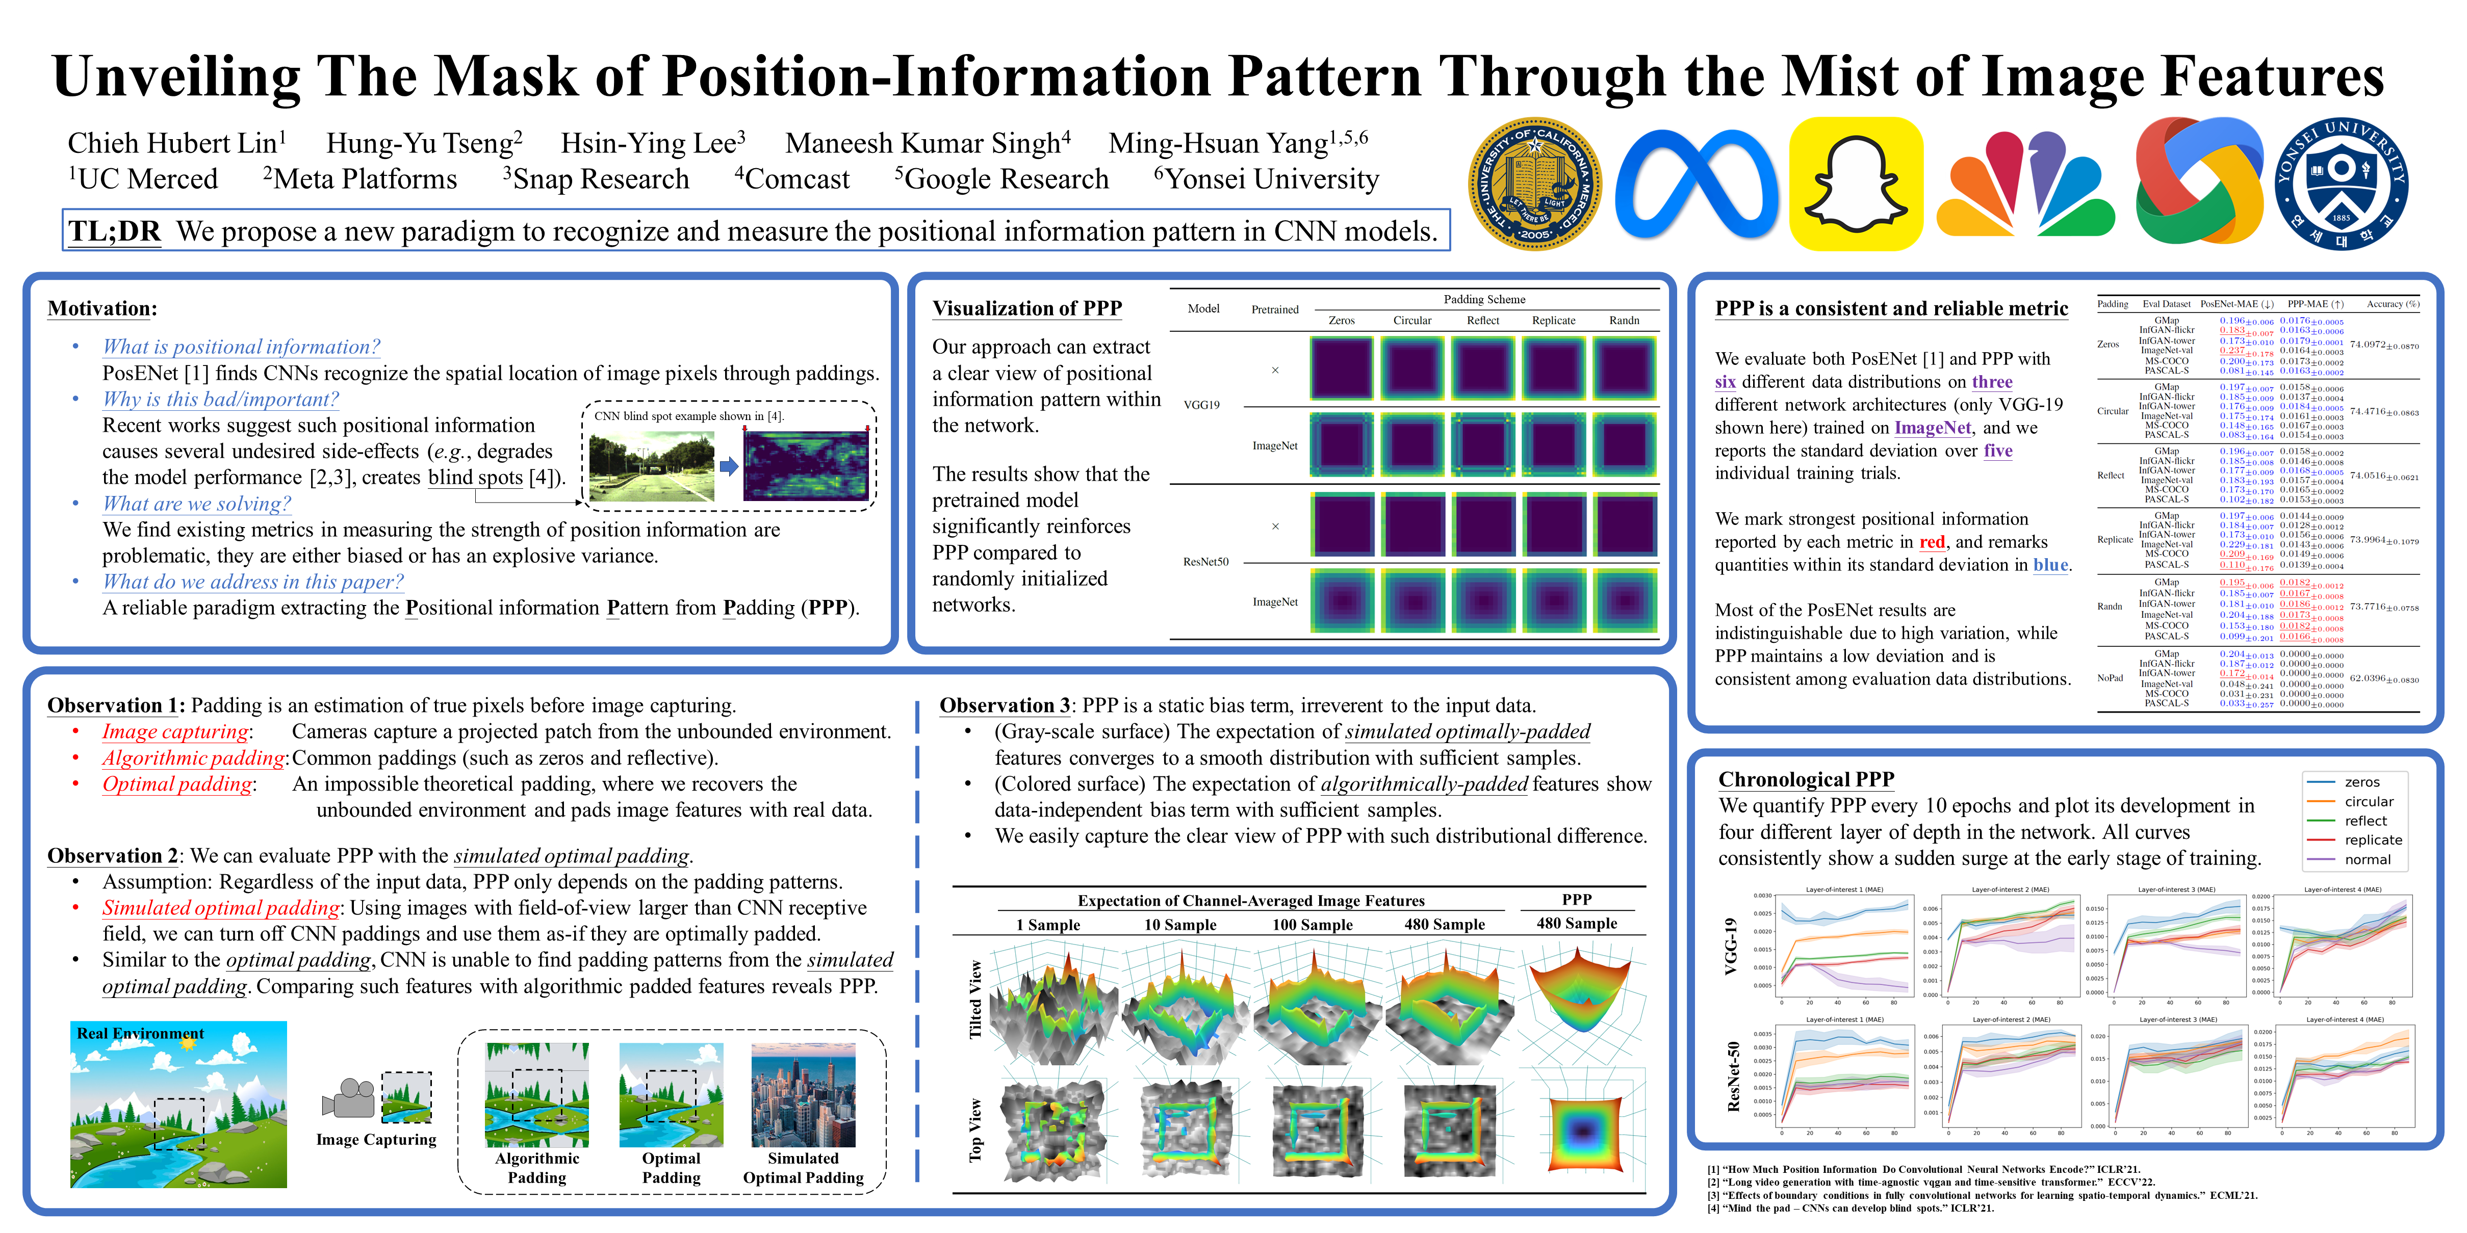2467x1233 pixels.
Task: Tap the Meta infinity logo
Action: tap(1696, 184)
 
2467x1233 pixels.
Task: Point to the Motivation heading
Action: tap(102, 308)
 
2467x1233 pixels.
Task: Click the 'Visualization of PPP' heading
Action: tap(1026, 308)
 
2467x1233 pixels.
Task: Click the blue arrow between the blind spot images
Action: tap(729, 466)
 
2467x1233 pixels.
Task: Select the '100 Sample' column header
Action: tap(1312, 925)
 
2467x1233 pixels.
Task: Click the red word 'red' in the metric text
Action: tap(1932, 542)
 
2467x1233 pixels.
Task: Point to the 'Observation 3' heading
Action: tap(1004, 705)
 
